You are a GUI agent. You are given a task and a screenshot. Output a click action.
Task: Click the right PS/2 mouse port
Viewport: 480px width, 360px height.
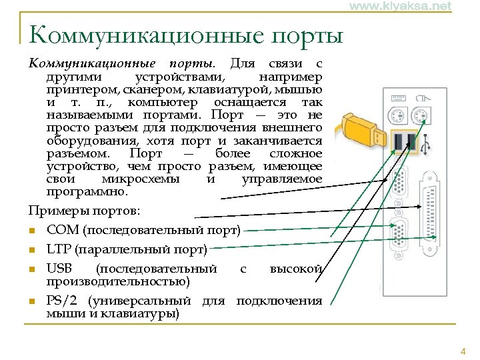point(420,117)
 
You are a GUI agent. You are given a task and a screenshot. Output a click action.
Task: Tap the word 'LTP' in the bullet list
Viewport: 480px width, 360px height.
point(59,250)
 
